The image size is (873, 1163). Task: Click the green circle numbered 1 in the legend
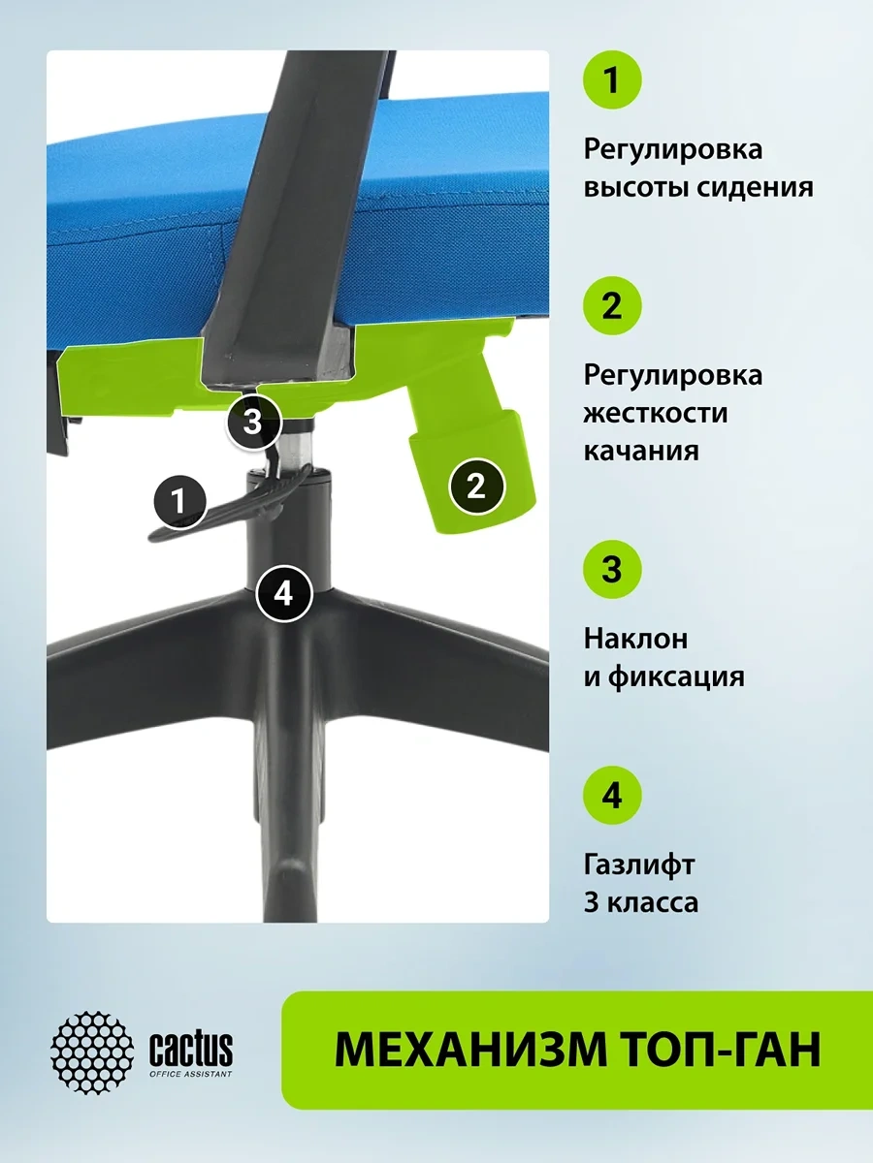612,80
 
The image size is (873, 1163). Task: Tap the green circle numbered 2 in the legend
612,305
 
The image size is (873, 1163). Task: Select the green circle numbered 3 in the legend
612,570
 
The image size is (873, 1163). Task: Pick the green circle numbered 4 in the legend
612,795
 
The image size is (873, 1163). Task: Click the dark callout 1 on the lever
179,501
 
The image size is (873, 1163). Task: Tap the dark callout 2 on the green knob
476,486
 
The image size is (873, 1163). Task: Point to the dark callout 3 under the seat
253,423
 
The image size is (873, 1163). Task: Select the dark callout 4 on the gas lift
283,594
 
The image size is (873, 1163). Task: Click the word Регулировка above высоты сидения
672,150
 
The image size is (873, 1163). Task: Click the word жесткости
656,413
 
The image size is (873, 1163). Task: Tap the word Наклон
635,639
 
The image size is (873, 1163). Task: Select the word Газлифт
638,865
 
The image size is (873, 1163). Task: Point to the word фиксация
676,677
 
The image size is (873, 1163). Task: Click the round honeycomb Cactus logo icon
92,1053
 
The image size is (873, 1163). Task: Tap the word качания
641,452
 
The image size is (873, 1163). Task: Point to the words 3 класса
641,903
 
